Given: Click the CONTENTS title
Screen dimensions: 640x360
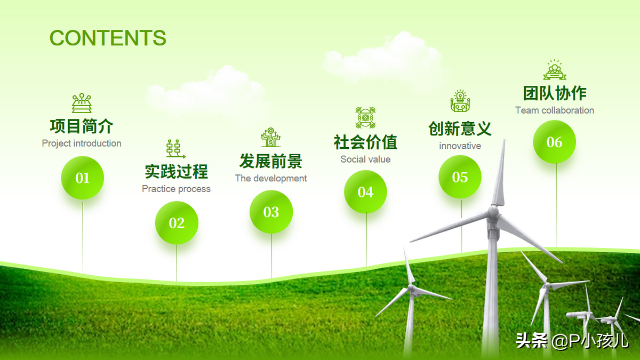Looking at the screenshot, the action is click(x=108, y=38).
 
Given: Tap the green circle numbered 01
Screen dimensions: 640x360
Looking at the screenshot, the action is click(x=83, y=178).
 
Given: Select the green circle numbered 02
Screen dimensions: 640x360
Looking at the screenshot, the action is click(x=177, y=223).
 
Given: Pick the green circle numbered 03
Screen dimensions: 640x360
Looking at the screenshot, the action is click(x=271, y=212).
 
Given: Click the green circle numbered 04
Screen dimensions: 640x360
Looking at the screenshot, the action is click(x=365, y=191).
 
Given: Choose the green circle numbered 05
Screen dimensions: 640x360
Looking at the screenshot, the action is click(x=460, y=177).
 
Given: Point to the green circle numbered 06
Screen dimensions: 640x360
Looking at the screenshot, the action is click(x=555, y=142).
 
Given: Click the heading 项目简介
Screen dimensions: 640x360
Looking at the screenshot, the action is click(x=82, y=126).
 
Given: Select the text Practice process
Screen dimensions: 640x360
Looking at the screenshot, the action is click(x=176, y=189).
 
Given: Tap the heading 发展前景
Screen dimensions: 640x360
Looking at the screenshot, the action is click(x=271, y=161).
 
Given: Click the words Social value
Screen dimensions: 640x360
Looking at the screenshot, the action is click(x=365, y=159).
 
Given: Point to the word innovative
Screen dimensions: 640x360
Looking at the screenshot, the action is click(x=460, y=146).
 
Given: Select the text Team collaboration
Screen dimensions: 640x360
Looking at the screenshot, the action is click(x=555, y=110).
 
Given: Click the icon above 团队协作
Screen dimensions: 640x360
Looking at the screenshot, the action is click(x=555, y=70).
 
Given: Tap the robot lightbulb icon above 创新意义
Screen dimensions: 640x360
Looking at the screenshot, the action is click(x=460, y=101).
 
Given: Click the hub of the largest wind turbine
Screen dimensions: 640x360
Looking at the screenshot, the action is click(x=493, y=213).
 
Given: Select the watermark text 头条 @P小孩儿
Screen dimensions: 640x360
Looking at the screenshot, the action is click(x=572, y=341).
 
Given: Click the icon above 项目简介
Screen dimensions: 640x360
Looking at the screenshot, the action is click(x=82, y=103).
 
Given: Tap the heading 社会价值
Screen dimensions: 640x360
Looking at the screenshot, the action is click(x=365, y=142).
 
